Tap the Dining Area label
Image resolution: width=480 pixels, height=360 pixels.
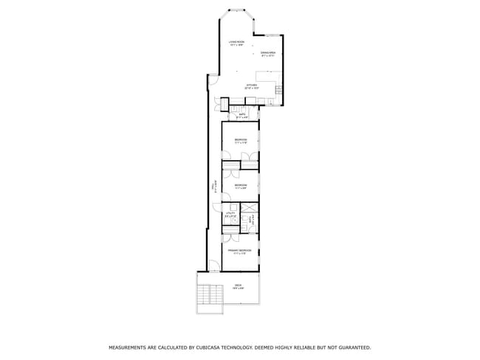tap(267, 54)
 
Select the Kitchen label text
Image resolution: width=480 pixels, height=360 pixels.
tap(252, 86)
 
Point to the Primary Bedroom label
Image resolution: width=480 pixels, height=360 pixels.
tap(240, 252)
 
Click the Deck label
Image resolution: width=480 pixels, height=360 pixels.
tap(238, 286)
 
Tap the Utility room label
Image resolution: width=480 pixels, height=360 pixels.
tap(229, 214)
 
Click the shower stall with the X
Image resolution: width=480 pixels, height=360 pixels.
tap(249, 207)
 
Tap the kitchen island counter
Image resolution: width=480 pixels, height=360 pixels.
tap(266, 76)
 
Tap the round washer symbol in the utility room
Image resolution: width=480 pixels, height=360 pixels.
tap(231, 219)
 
